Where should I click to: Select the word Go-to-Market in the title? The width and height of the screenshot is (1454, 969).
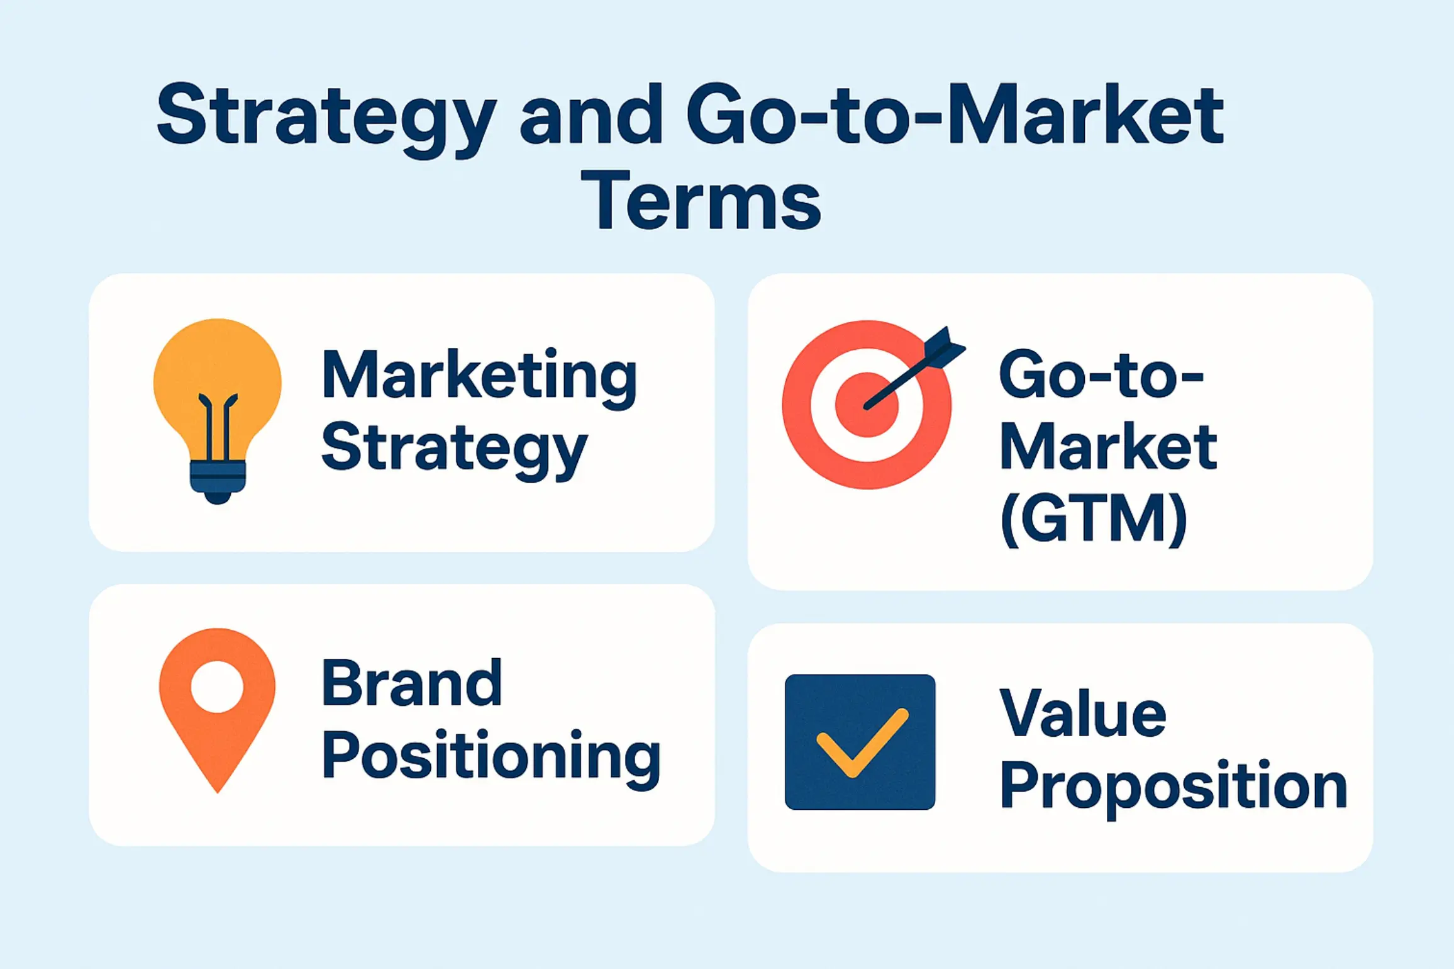coord(955,116)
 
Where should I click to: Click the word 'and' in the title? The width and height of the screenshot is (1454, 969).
coord(591,116)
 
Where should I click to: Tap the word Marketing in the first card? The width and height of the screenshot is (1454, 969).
coord(479,376)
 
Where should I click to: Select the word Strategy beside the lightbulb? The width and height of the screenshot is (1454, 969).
coord(454,448)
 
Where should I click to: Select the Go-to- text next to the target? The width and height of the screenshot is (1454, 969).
coord(1101,375)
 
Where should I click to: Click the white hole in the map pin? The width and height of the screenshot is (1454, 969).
coord(217,686)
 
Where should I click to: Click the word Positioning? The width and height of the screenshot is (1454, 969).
coord(491,756)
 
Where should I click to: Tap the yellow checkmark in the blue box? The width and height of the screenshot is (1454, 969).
coord(862,743)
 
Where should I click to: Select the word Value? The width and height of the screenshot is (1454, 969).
coord(1083,714)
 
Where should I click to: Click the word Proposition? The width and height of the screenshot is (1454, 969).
coord(1174,787)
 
